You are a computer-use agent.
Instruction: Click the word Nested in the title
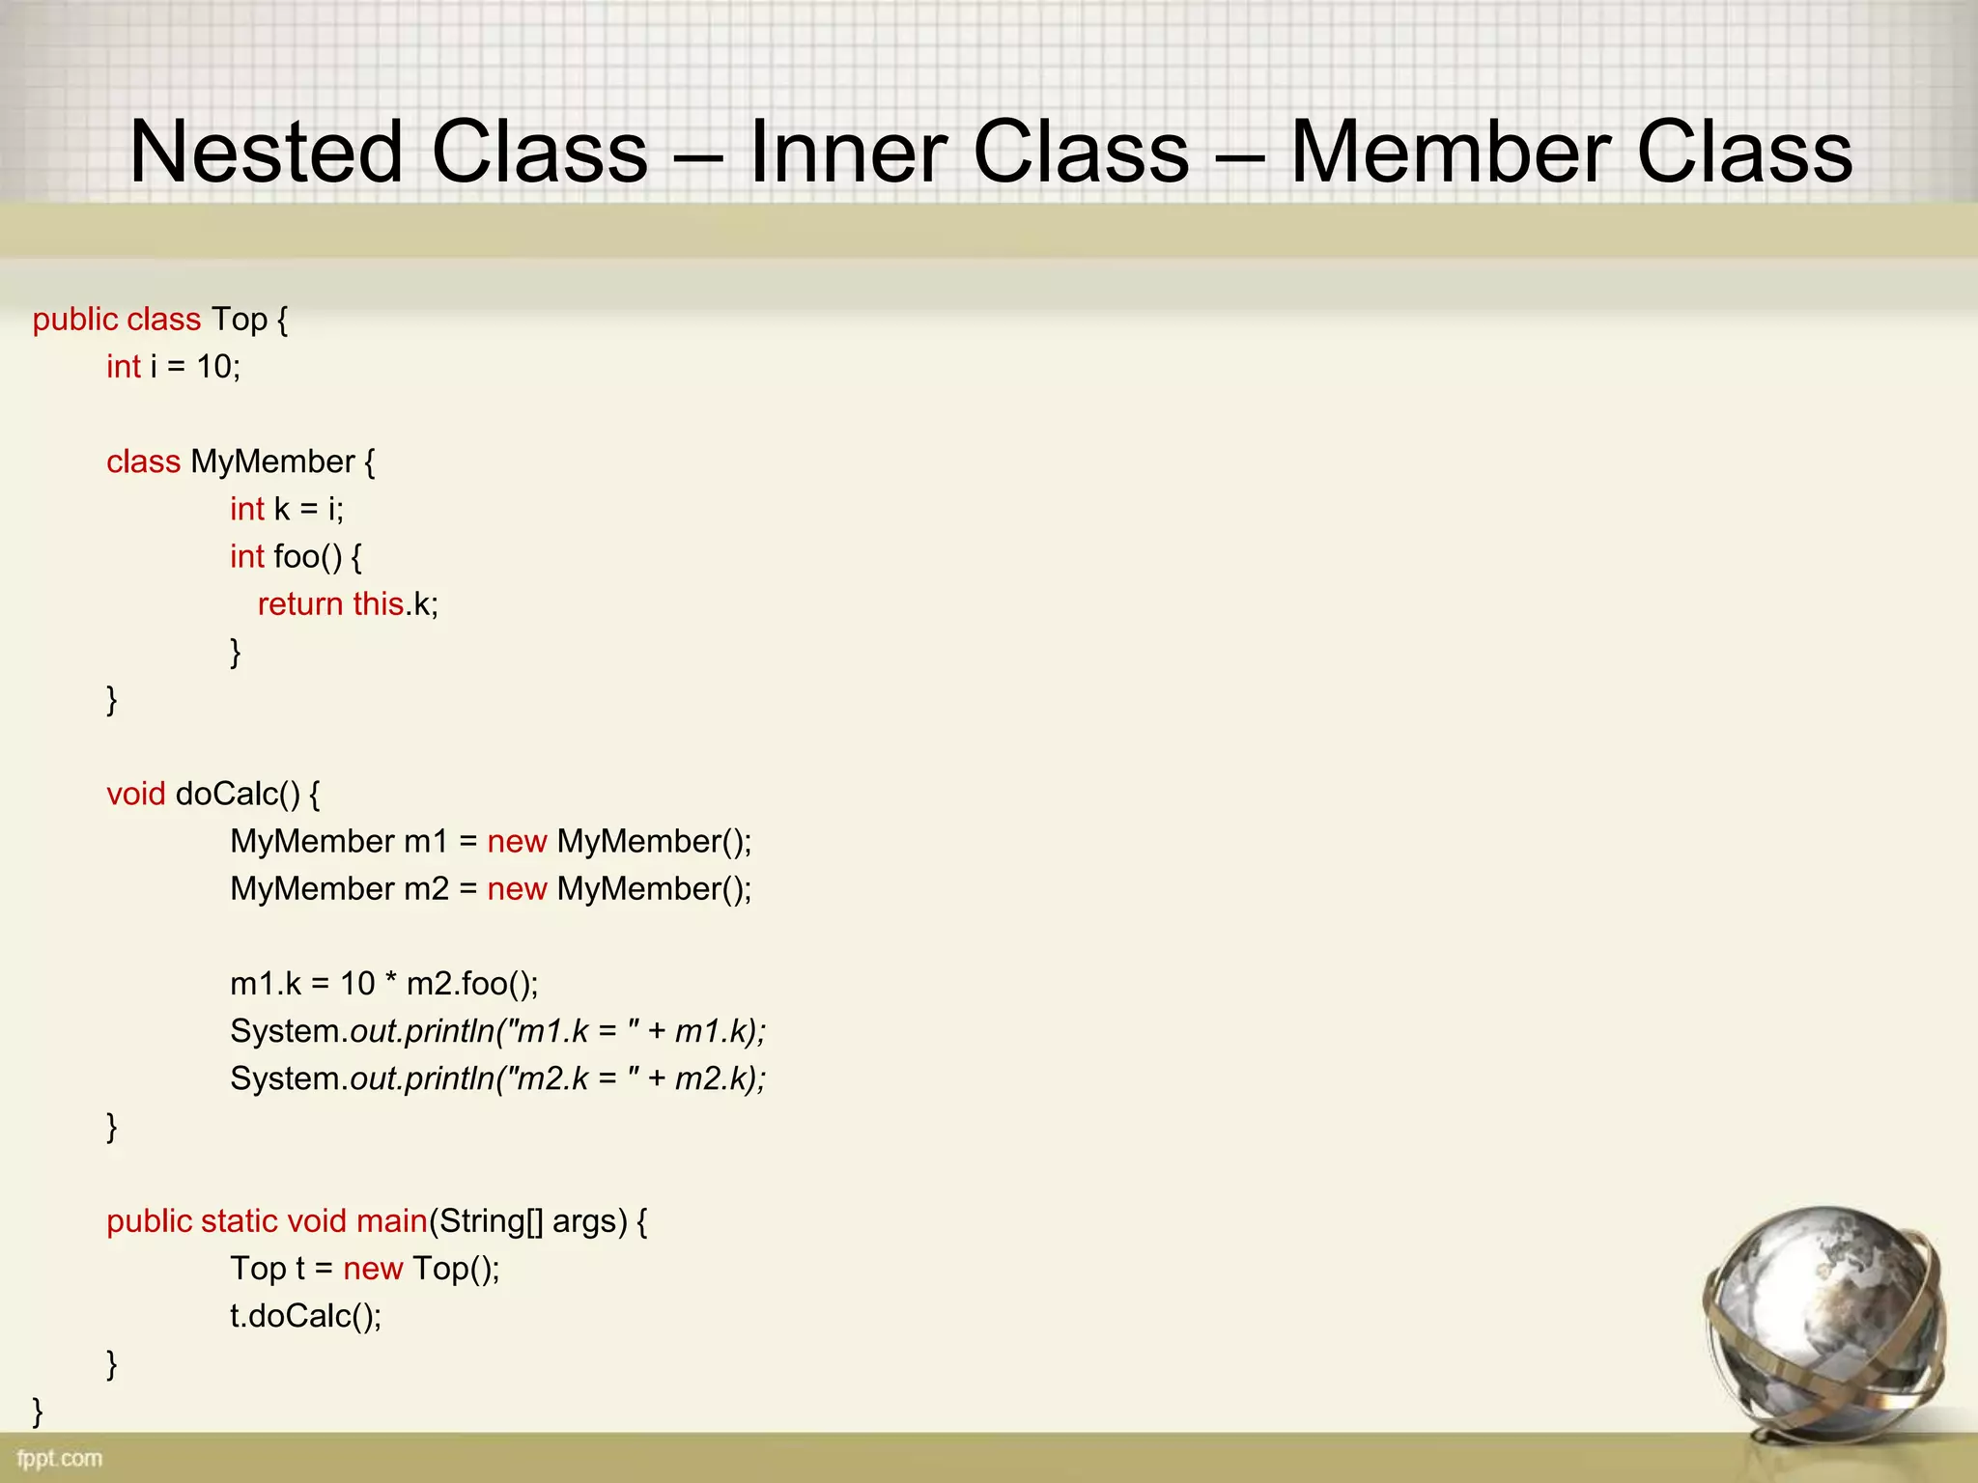click(266, 152)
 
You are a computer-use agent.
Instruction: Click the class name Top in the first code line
click(240, 320)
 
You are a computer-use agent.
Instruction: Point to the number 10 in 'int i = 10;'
click(214, 367)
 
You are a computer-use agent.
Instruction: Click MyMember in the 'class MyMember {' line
click(272, 462)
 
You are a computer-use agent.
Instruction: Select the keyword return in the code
click(300, 604)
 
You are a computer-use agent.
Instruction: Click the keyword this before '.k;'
click(378, 604)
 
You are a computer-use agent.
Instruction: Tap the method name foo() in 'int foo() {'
click(307, 557)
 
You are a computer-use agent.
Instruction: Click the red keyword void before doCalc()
click(136, 794)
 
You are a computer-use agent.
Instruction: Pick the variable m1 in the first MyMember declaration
click(426, 842)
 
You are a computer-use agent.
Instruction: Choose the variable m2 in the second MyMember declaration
click(426, 889)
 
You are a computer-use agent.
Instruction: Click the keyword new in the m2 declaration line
click(517, 889)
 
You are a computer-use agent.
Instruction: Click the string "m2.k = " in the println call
click(569, 1079)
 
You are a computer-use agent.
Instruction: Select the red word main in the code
click(391, 1221)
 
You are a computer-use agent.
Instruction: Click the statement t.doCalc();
click(305, 1316)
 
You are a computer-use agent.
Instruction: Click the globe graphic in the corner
click(1825, 1323)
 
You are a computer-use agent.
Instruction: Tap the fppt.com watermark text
click(60, 1458)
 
